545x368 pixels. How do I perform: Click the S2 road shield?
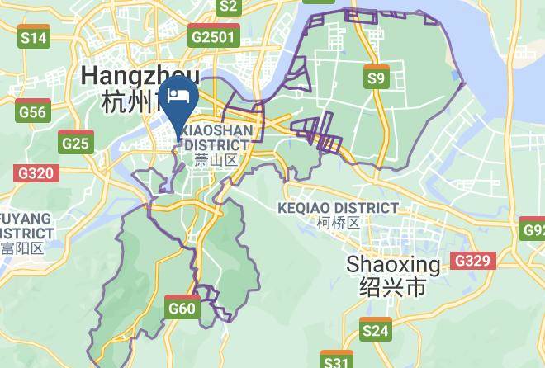coord(229,7)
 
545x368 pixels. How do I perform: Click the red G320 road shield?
coord(35,173)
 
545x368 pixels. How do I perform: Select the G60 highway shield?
coord(182,307)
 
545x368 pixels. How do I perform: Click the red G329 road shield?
coord(474,261)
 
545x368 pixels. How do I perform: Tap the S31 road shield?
coord(336,361)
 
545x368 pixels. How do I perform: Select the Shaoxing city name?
coord(393,265)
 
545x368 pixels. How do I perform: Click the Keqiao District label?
coord(339,207)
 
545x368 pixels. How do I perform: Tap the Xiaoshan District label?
coord(216,137)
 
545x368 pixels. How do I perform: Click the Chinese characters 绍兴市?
coord(393,287)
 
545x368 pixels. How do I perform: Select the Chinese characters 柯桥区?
coord(339,223)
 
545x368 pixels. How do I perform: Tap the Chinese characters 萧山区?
coord(216,159)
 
